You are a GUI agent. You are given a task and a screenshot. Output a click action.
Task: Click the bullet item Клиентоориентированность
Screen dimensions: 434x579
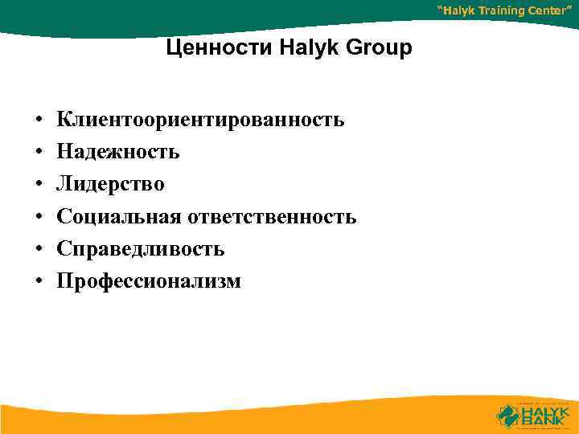click(200, 121)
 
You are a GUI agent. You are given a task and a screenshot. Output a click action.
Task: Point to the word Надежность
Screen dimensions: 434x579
click(118, 153)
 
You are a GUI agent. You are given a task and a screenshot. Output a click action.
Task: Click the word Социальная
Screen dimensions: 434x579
click(120, 217)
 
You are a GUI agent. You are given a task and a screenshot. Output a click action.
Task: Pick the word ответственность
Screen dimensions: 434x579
click(273, 217)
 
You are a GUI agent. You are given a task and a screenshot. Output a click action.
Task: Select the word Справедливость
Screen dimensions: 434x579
click(141, 249)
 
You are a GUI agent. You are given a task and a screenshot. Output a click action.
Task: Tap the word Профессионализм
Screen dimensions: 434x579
click(149, 281)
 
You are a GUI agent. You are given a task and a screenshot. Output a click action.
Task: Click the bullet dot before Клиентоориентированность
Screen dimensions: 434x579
click(38, 121)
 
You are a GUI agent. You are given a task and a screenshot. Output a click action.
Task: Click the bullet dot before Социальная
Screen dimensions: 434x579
click(38, 218)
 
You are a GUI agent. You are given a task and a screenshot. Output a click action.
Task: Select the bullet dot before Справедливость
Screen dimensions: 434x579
click(38, 250)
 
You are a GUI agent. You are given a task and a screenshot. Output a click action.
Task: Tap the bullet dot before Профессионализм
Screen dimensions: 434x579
click(38, 282)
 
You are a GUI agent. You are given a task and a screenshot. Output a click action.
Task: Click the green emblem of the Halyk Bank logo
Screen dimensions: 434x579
click(507, 414)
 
